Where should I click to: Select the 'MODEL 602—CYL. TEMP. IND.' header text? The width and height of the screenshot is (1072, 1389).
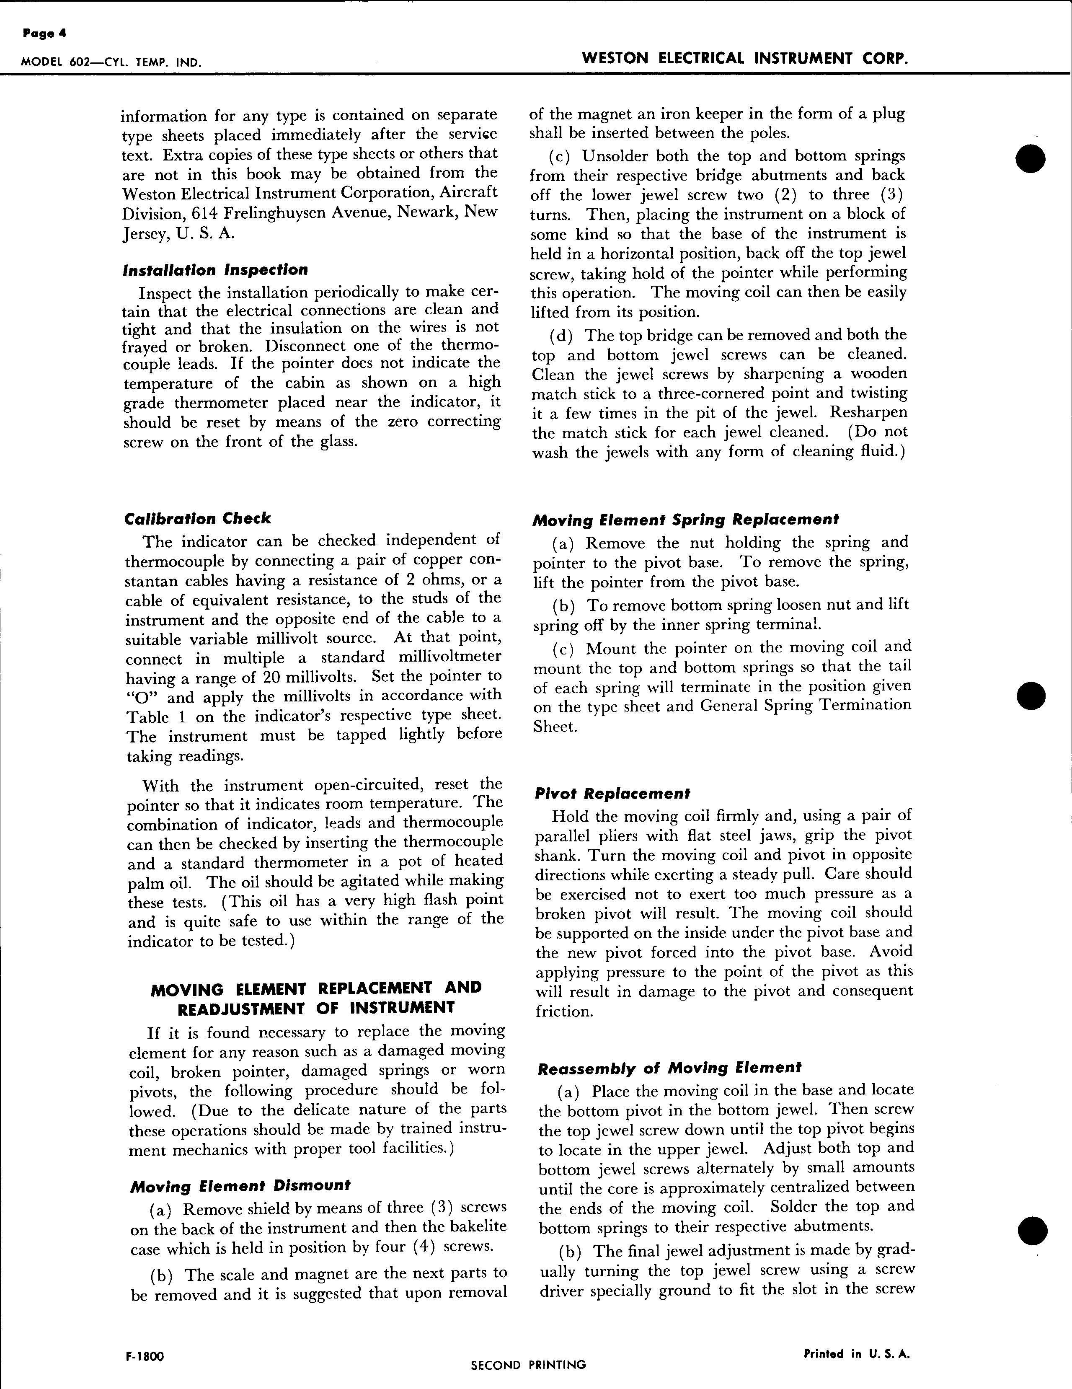pos(111,62)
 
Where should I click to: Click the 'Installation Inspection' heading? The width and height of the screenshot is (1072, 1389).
pos(215,270)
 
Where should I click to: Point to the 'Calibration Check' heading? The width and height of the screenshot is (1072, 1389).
pos(197,518)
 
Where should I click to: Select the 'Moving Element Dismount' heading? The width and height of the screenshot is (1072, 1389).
pos(240,1185)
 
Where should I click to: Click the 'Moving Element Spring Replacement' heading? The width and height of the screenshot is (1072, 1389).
pos(685,520)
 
